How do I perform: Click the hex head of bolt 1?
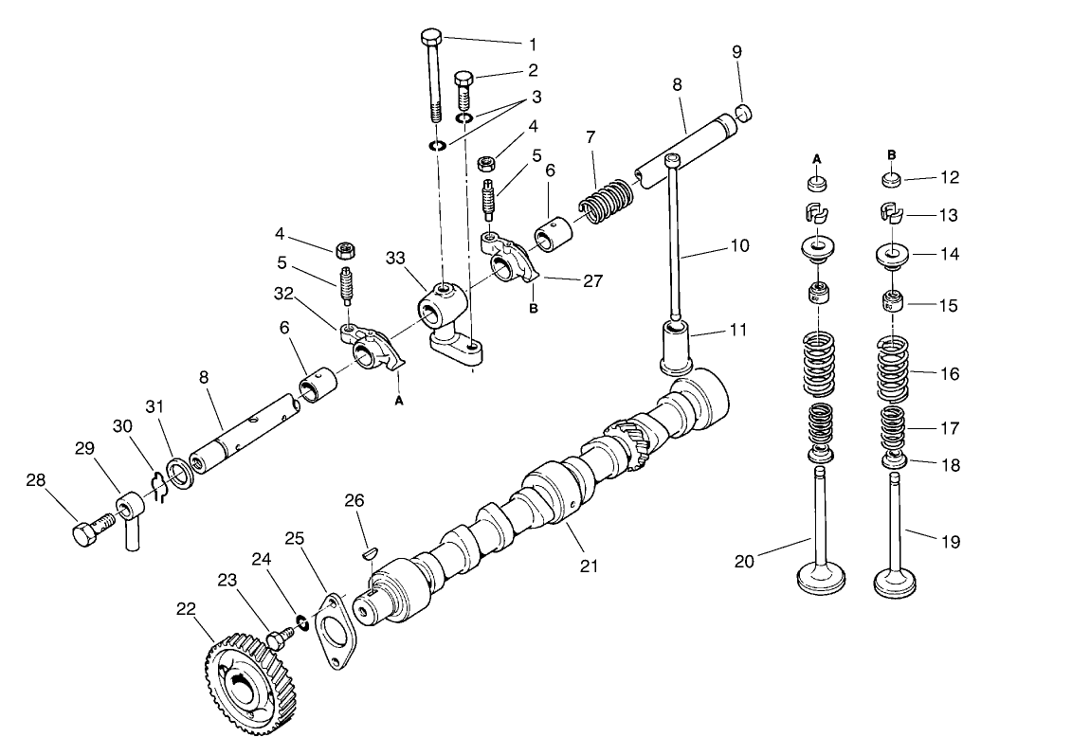click(431, 37)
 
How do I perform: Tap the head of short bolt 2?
click(464, 78)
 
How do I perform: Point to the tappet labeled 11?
click(678, 345)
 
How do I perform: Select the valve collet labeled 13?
click(893, 214)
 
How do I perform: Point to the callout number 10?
click(739, 245)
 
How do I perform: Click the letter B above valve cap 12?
click(892, 153)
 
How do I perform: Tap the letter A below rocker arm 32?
click(399, 401)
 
